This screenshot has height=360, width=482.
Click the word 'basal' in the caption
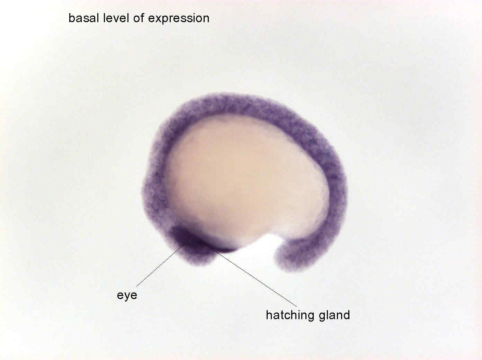84,18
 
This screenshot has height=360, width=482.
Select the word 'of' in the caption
138,18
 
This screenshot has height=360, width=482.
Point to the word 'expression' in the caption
179,19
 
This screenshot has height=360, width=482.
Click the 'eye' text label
127,296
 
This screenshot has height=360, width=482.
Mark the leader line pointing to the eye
161,265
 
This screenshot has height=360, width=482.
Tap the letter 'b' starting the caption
72,18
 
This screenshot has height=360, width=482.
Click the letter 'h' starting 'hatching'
269,315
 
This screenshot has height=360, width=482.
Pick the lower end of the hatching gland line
297,306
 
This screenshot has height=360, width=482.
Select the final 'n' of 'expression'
206,19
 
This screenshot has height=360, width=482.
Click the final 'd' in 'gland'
347,315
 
